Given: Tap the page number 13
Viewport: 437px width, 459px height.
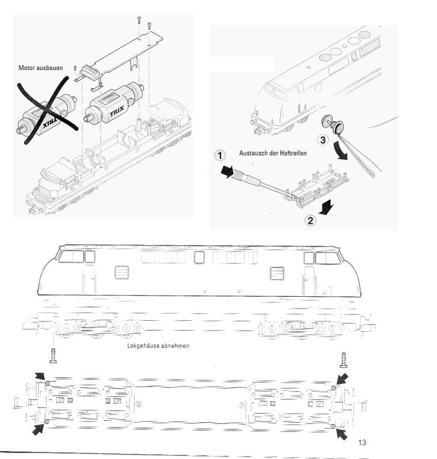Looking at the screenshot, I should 361,442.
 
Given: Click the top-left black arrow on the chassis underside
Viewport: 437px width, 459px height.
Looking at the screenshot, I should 40,376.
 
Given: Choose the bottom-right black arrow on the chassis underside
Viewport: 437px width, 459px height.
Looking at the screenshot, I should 341,433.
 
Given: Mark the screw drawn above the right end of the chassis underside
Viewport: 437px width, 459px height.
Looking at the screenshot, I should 343,358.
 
